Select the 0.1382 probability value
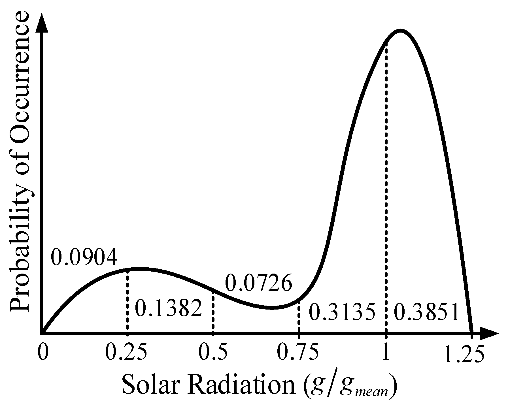click(x=169, y=308)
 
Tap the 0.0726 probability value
click(x=258, y=283)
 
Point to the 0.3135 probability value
click(x=342, y=313)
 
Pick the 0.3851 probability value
click(x=426, y=313)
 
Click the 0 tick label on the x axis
click(x=42, y=353)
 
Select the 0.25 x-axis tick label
click(x=126, y=353)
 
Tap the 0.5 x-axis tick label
click(x=213, y=353)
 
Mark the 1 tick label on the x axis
click(x=385, y=353)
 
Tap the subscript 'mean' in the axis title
click(x=371, y=392)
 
